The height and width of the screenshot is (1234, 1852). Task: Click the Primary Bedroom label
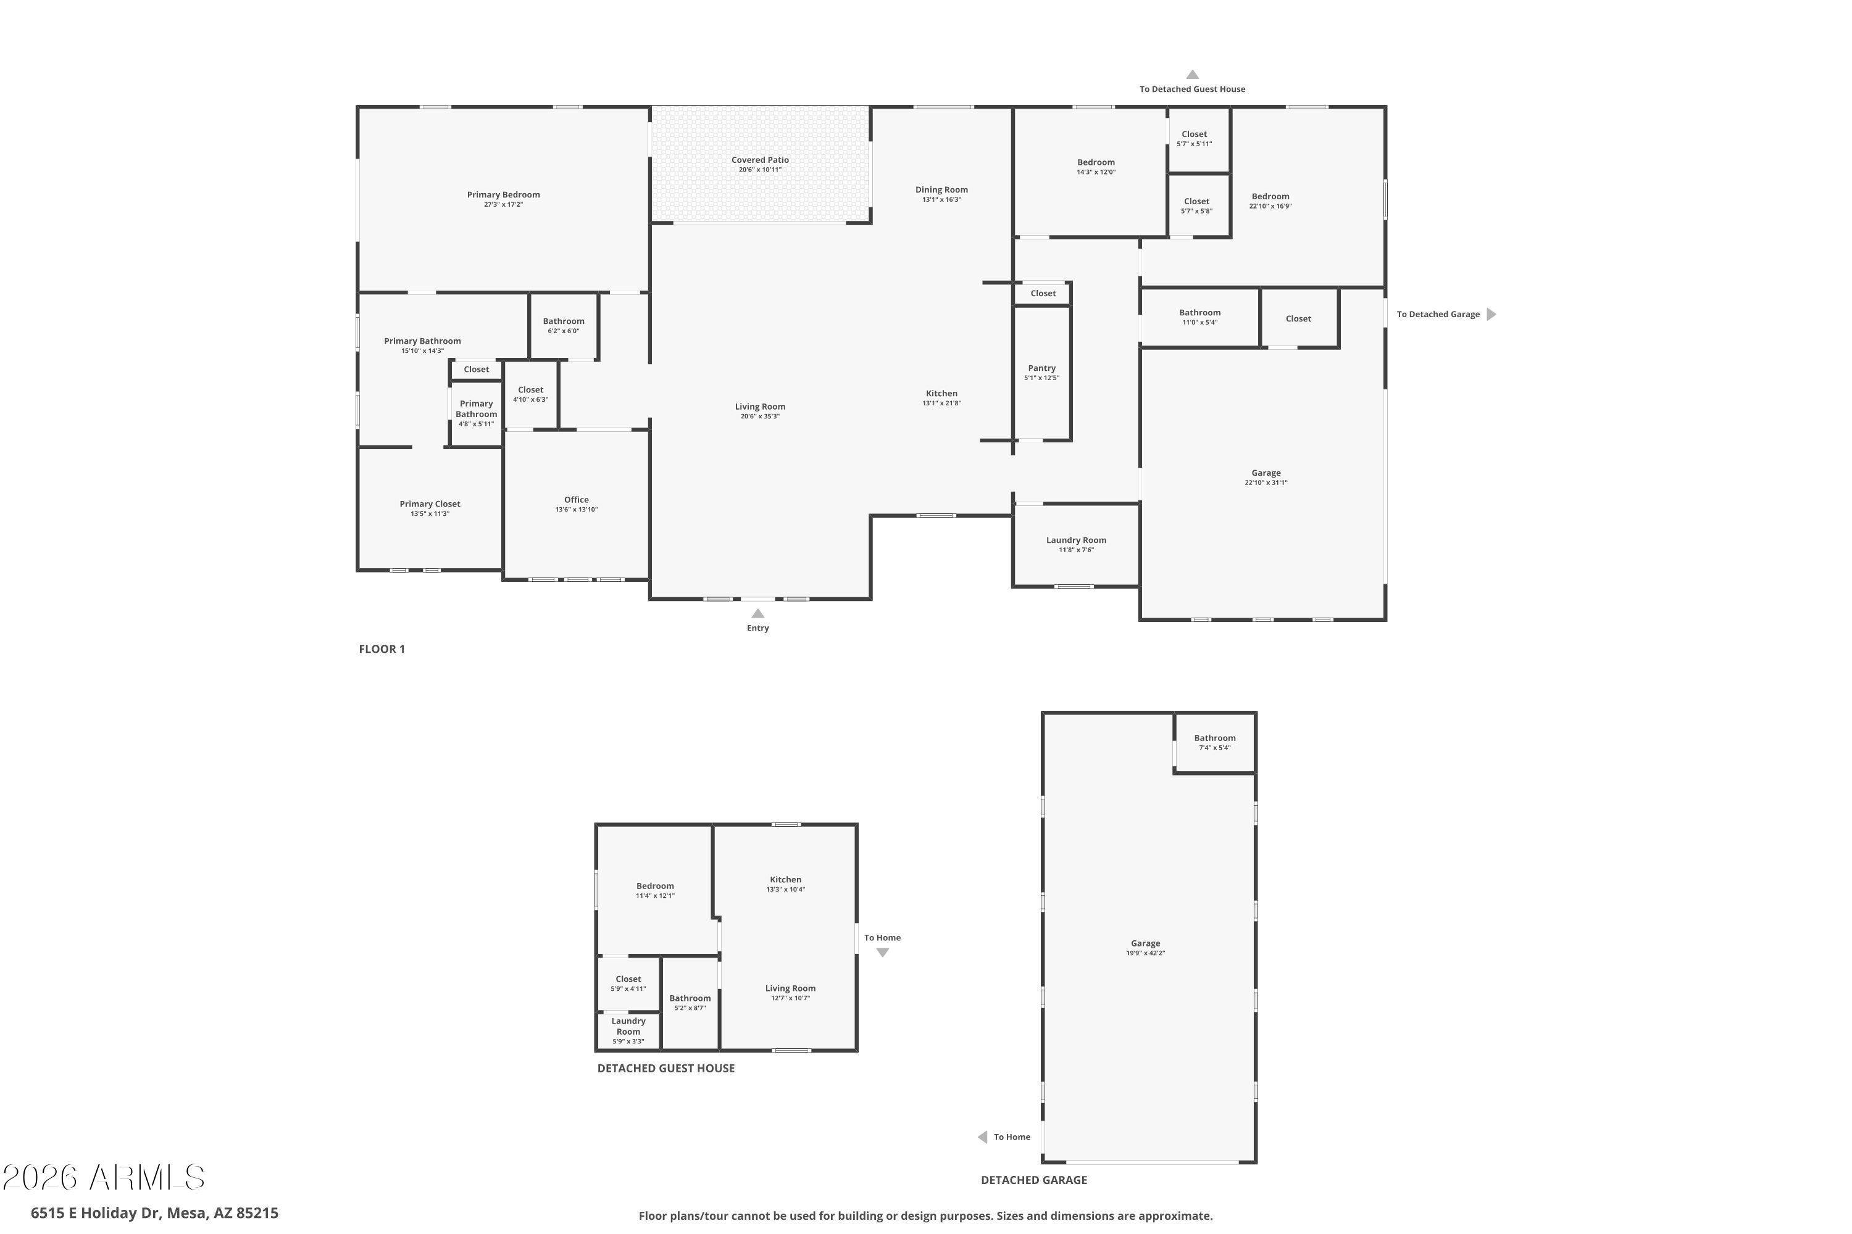coord(503,194)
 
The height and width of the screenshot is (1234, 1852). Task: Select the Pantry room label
coord(1042,368)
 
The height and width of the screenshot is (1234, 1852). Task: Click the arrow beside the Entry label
coord(757,614)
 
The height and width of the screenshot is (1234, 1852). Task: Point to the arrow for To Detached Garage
coord(1491,314)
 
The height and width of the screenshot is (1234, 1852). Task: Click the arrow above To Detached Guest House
coord(1192,75)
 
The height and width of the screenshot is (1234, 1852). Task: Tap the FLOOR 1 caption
coord(382,649)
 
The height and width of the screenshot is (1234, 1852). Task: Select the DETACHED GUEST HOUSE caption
coord(666,1068)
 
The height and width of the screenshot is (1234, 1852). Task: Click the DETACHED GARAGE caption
coord(1034,1180)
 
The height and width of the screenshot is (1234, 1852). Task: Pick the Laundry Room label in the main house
coord(1077,540)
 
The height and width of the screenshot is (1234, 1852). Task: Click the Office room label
coord(577,500)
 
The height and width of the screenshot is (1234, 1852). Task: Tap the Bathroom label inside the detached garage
coord(1215,738)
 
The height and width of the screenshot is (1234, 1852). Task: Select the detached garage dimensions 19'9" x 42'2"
coord(1146,953)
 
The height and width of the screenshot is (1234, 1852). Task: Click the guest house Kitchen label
coord(786,880)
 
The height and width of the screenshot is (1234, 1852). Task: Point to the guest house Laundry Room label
coord(628,1026)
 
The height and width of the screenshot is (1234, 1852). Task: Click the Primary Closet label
coord(430,503)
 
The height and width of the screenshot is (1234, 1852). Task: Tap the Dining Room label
coord(942,189)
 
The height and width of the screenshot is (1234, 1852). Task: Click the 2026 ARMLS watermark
coord(103,1177)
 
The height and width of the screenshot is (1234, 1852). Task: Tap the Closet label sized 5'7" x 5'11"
coord(1195,134)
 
